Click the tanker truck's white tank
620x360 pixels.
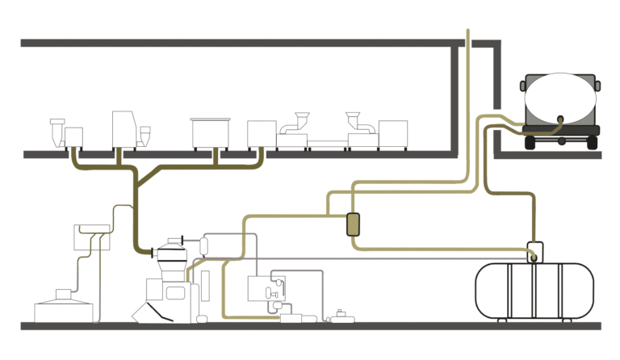[x=560, y=102]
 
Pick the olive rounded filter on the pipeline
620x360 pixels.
[x=353, y=223]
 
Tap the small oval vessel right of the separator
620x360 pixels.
[x=206, y=242]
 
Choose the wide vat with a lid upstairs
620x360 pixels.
[x=210, y=132]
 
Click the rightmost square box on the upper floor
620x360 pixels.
[x=393, y=133]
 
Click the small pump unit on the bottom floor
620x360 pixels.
[x=341, y=316]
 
